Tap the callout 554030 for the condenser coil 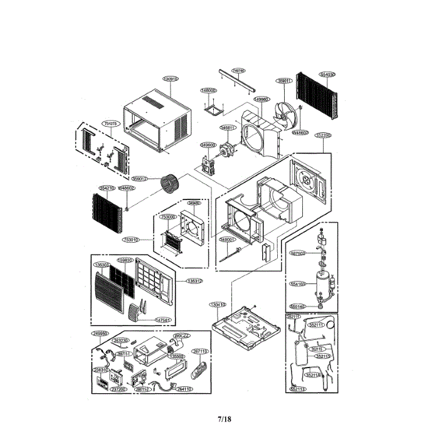pyautogui.click(x=327, y=74)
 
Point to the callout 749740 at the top pyautogui.click(x=238, y=71)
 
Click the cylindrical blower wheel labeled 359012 pyautogui.click(x=168, y=184)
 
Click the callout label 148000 pyautogui.click(x=209, y=90)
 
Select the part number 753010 pyautogui.click(x=131, y=240)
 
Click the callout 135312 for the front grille pyautogui.click(x=194, y=281)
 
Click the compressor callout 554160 pyautogui.click(x=297, y=284)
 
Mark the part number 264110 pyautogui.click(x=184, y=389)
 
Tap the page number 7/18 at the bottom pyautogui.click(x=225, y=419)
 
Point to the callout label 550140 pyautogui.click(x=297, y=307)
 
